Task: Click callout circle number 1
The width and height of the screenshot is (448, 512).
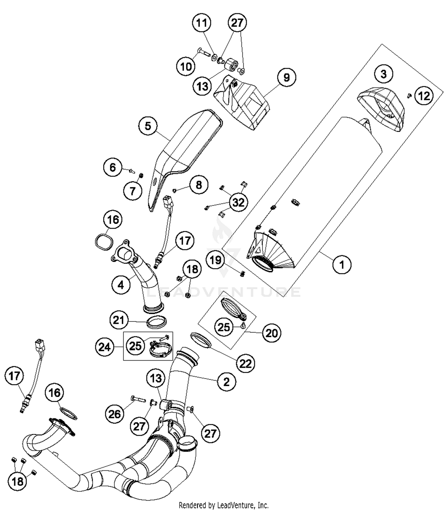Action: (342, 264)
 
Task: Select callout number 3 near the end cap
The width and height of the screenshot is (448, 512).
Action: (383, 74)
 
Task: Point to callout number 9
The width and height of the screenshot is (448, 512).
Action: (286, 77)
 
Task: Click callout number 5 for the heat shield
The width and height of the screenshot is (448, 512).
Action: (148, 126)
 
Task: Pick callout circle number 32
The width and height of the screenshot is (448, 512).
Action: (238, 203)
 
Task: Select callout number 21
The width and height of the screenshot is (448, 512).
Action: (119, 320)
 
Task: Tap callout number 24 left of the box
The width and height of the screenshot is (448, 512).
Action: (105, 347)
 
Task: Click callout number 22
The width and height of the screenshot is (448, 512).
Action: (246, 363)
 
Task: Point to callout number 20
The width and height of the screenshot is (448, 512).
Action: (271, 333)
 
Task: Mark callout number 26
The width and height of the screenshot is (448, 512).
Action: (114, 414)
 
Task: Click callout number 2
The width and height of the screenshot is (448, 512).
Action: (226, 381)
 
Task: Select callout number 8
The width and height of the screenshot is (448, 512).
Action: (199, 185)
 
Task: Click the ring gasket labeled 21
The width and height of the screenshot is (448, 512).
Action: (156, 323)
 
